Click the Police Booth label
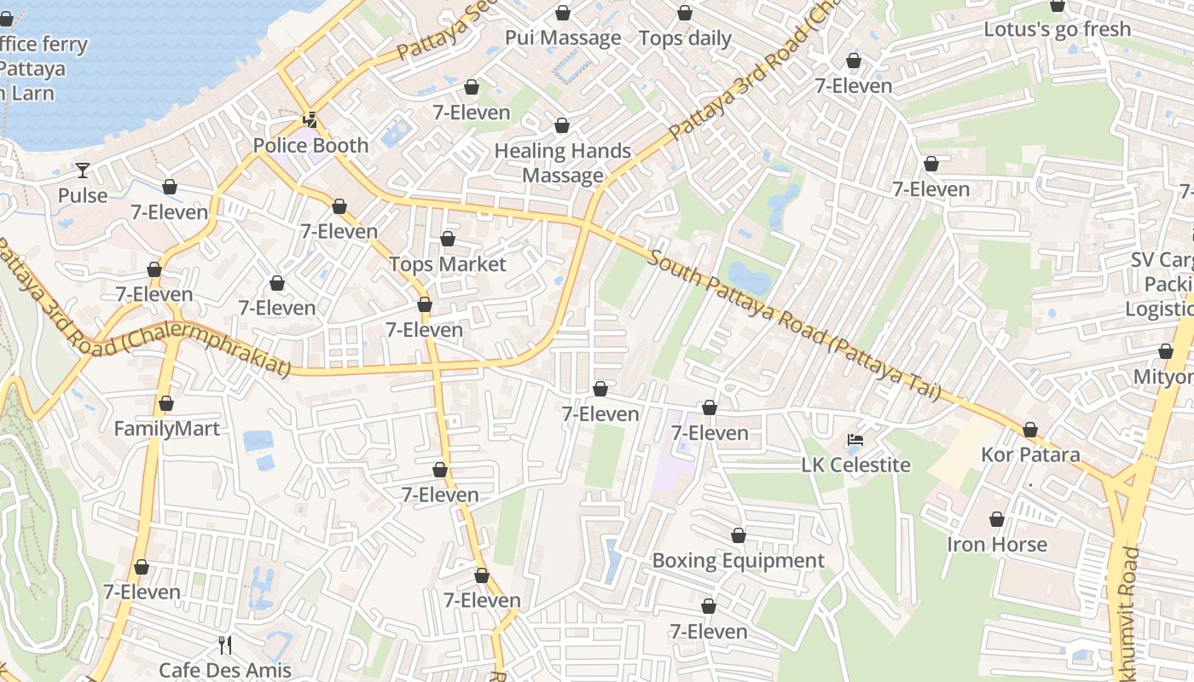coord(311,145)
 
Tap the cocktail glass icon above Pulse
coord(83,170)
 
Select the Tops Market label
coord(448,264)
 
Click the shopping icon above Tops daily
coord(685,13)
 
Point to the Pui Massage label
coord(563,38)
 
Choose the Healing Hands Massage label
coord(563,163)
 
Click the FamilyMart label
coord(167,428)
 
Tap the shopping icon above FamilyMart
coord(166,403)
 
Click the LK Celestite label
coord(856,465)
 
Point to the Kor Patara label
coord(1030,454)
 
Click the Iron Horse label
coord(997,544)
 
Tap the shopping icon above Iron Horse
coord(997,519)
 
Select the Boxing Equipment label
coord(739,560)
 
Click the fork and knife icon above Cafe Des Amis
coord(225,644)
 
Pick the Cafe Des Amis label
coord(225,670)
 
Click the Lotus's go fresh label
coord(1058,29)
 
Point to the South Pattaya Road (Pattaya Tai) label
coord(793,326)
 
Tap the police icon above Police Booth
coord(311,120)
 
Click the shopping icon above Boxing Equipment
coord(739,535)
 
